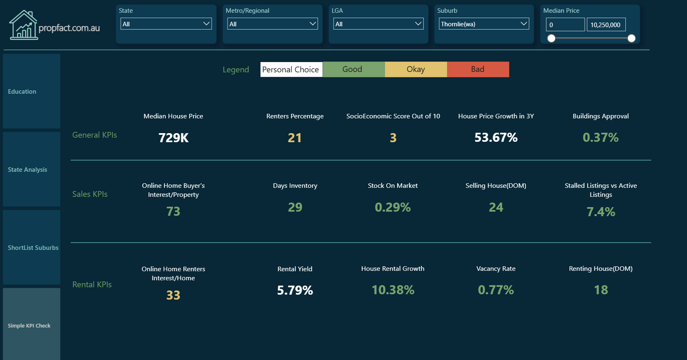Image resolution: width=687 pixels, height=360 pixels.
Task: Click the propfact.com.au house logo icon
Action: (x=23, y=25)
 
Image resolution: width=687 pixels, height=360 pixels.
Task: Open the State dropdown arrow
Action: (x=207, y=24)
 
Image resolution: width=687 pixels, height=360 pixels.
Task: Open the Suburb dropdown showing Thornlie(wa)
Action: (x=484, y=24)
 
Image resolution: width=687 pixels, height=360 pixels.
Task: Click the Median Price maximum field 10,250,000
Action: (x=606, y=25)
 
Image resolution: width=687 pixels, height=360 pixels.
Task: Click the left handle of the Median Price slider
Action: (x=551, y=38)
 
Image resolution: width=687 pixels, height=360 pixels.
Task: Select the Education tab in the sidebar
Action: (x=32, y=91)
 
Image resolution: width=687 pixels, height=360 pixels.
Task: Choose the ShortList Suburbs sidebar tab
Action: (x=32, y=247)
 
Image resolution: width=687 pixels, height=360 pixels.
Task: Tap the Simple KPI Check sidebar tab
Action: (x=32, y=325)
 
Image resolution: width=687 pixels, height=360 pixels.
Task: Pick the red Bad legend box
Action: (x=478, y=69)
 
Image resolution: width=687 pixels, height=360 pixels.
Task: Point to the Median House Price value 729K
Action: (x=173, y=138)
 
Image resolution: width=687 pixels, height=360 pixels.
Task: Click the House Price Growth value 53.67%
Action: (x=496, y=138)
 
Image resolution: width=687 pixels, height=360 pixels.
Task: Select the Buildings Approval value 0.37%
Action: (x=600, y=138)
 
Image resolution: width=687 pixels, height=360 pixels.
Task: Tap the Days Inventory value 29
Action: (x=295, y=207)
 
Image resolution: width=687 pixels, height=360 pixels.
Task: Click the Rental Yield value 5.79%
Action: (x=295, y=290)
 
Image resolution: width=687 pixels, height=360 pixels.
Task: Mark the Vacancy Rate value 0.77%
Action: (x=496, y=290)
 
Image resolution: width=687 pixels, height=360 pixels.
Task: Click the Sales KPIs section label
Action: (x=90, y=194)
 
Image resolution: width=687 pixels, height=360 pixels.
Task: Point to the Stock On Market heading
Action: (x=393, y=186)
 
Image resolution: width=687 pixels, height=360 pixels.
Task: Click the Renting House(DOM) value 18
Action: (x=601, y=290)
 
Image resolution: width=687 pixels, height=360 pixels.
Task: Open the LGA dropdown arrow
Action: (x=418, y=24)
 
